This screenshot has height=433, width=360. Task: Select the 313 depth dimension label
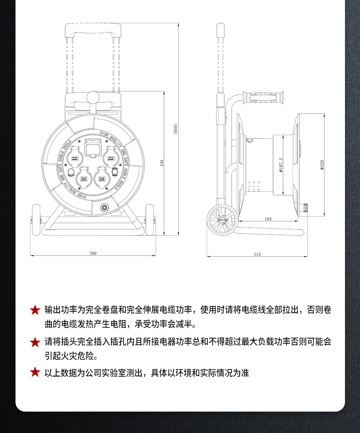coord(257,255)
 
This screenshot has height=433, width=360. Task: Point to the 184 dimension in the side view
coord(268,219)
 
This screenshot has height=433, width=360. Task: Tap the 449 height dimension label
coord(162,163)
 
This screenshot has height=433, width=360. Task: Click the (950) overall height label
coord(175,129)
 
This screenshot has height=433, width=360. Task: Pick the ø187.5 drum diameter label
coord(281,165)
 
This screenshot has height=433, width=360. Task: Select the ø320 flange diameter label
coord(322,165)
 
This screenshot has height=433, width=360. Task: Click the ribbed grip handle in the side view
coord(265,98)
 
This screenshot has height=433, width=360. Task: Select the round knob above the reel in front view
coord(93,97)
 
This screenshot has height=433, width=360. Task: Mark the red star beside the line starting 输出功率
coord(35,311)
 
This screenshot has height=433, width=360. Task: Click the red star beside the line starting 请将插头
coord(35,342)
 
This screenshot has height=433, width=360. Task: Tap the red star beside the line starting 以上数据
coord(35,372)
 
